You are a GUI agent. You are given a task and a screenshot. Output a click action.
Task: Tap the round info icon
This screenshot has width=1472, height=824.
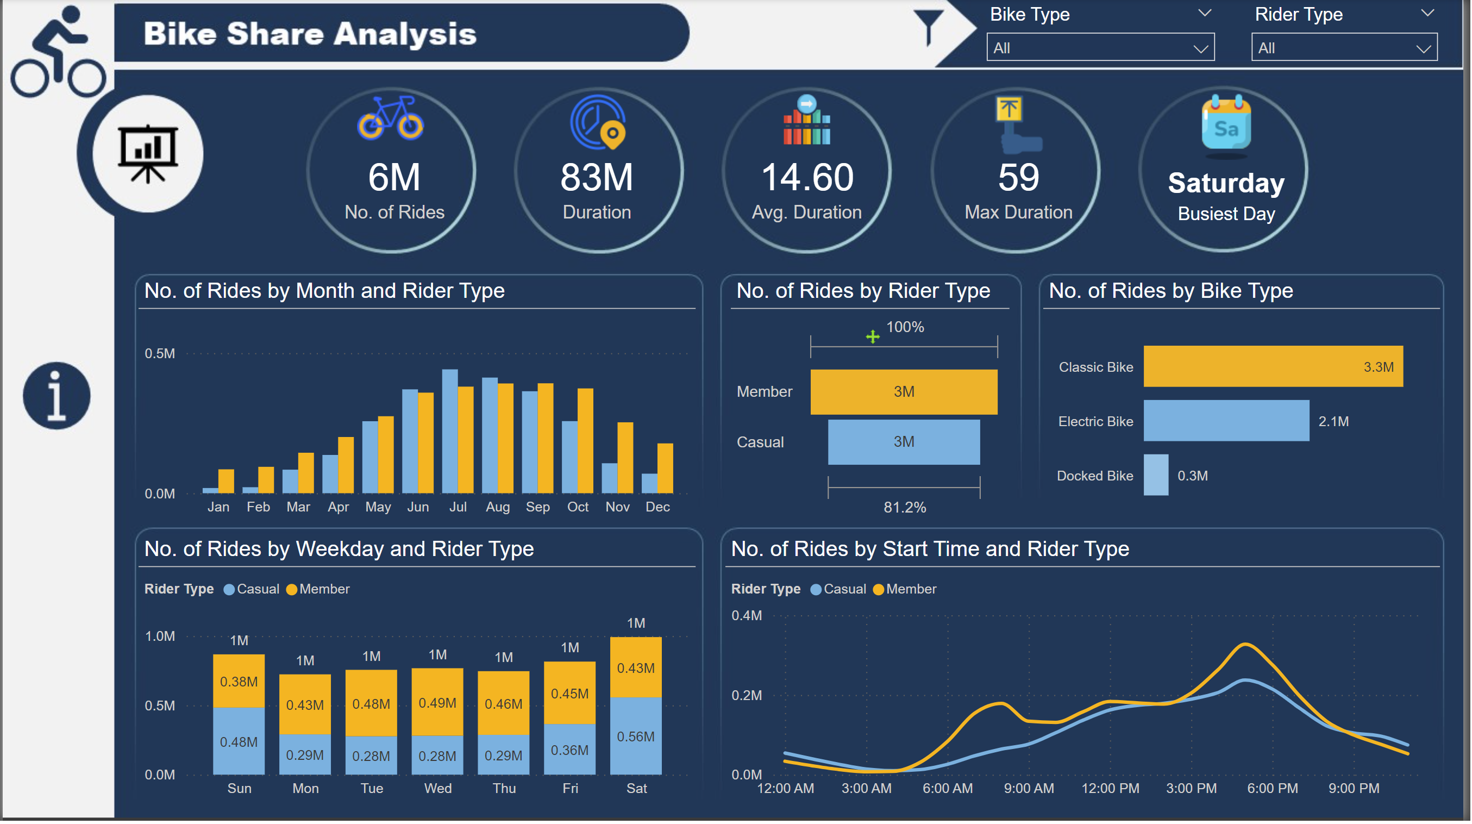point(57,396)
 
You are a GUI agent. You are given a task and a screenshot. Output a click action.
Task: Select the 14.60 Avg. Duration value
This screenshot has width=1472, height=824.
point(808,178)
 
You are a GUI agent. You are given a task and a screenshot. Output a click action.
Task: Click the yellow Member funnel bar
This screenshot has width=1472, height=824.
point(905,392)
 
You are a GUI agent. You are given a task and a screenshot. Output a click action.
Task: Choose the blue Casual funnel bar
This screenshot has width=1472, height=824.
point(905,442)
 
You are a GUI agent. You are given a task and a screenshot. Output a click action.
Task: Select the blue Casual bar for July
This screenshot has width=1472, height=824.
point(450,432)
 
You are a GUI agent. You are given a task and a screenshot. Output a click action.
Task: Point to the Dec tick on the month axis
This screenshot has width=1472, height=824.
point(658,508)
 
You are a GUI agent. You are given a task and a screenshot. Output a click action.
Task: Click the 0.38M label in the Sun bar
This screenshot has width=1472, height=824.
point(239,682)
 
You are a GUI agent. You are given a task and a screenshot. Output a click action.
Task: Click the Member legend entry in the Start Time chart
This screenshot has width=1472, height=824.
point(906,590)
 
